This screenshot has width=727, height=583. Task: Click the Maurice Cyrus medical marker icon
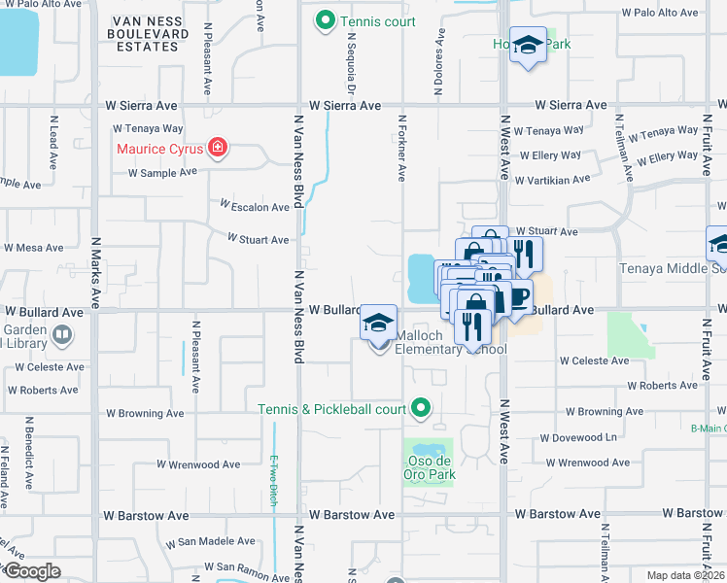[219, 149]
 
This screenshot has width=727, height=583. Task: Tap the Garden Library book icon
[62, 335]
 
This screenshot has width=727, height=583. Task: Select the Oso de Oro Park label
[429, 467]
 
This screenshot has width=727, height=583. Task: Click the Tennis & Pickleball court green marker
[421, 408]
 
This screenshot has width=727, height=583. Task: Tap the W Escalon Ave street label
[255, 207]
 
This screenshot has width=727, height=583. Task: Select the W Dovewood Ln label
[577, 437]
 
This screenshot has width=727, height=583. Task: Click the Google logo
[33, 571]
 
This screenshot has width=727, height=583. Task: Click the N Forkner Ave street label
[400, 147]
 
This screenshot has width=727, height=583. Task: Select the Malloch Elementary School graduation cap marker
[378, 324]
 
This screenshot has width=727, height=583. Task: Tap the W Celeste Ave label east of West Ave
[594, 360]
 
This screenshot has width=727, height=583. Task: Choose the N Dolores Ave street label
[439, 61]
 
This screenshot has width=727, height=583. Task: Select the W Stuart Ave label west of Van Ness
[259, 239]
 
